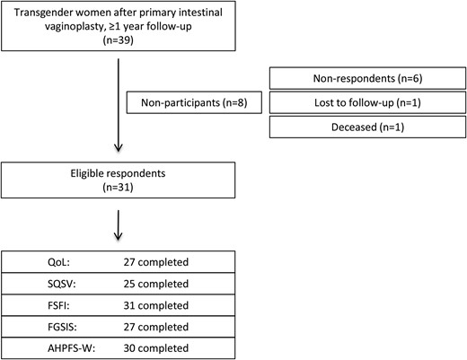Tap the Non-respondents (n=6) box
(x=367, y=79)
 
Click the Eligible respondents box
(x=119, y=182)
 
